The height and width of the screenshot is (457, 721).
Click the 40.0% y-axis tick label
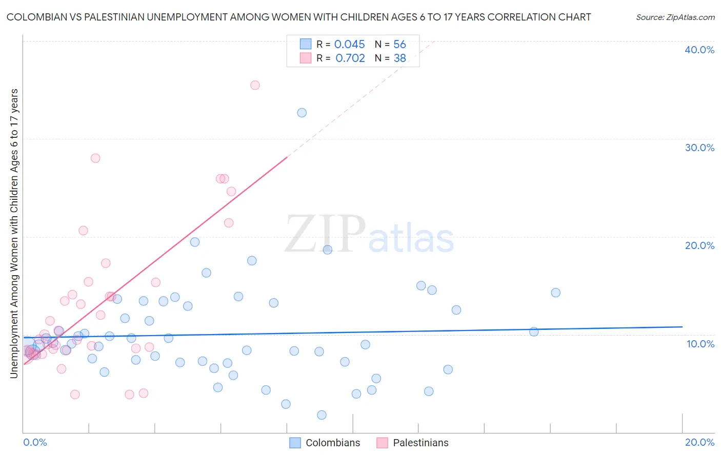699,50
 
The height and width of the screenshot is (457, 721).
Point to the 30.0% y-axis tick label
699,148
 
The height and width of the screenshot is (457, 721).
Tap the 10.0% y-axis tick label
700,344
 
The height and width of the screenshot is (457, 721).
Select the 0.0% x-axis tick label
35,442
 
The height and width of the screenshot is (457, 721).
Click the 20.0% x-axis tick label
699,442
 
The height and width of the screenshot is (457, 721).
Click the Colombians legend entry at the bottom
333,443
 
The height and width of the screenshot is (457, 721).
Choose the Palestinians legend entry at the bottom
420,443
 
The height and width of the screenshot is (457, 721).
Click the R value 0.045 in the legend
350,45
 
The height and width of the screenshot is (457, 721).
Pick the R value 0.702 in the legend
350,58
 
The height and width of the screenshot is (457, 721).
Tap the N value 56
399,45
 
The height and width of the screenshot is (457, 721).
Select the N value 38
399,58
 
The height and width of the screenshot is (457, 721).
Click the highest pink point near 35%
255,85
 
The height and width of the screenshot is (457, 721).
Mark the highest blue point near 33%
302,113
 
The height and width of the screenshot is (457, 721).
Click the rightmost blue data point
556,293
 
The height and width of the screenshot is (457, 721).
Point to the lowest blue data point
322,415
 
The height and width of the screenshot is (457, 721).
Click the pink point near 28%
95,158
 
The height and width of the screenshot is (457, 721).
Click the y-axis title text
14,234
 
